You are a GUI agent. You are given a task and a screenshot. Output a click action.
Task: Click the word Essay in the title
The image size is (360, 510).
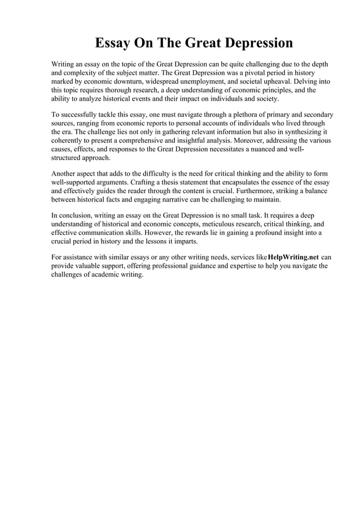[x=113, y=43]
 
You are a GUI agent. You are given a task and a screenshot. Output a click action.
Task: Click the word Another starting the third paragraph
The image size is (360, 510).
[x=65, y=174]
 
